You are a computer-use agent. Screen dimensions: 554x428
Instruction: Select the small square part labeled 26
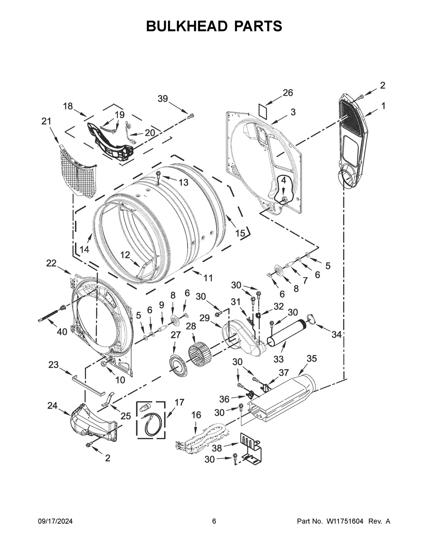coord(264,109)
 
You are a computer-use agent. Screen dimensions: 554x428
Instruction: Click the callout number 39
coord(163,99)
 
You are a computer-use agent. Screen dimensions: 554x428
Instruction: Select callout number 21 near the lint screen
coord(46,121)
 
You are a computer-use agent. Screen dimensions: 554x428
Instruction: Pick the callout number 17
coord(179,402)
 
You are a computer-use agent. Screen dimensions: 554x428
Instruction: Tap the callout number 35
coord(311,359)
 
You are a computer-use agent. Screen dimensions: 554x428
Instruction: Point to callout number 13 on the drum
coord(183,182)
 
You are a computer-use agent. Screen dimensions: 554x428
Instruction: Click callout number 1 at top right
coord(383,106)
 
